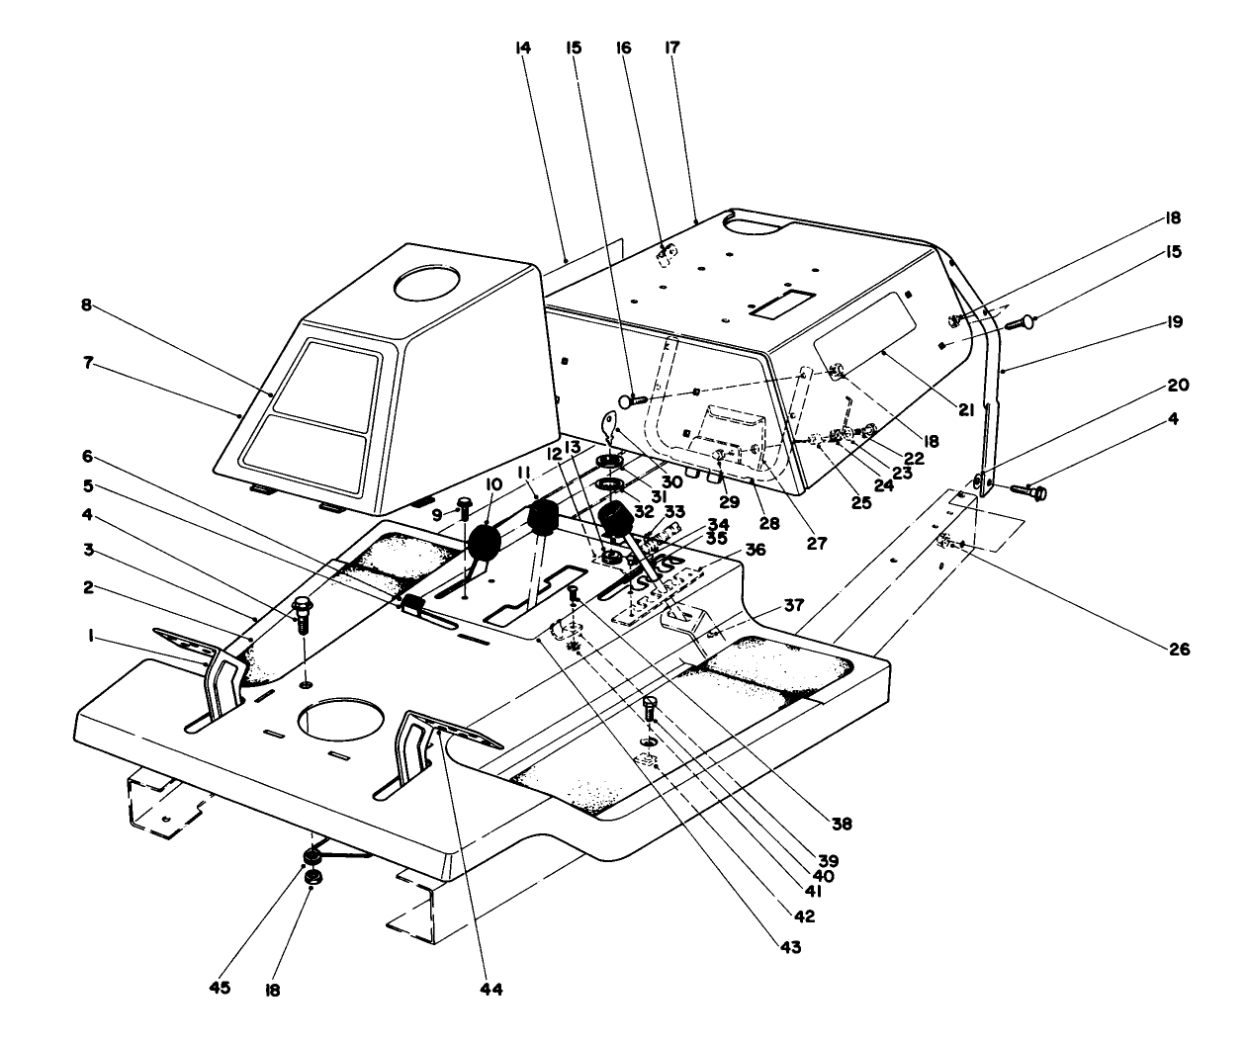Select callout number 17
pos(673,47)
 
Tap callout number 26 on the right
pos(1177,650)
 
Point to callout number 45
pos(220,988)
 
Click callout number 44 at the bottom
pos(491,988)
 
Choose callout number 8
pos(87,305)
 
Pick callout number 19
pos(1173,322)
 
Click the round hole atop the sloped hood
pos(433,285)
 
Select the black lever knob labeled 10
pos(486,543)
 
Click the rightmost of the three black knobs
pos(615,521)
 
